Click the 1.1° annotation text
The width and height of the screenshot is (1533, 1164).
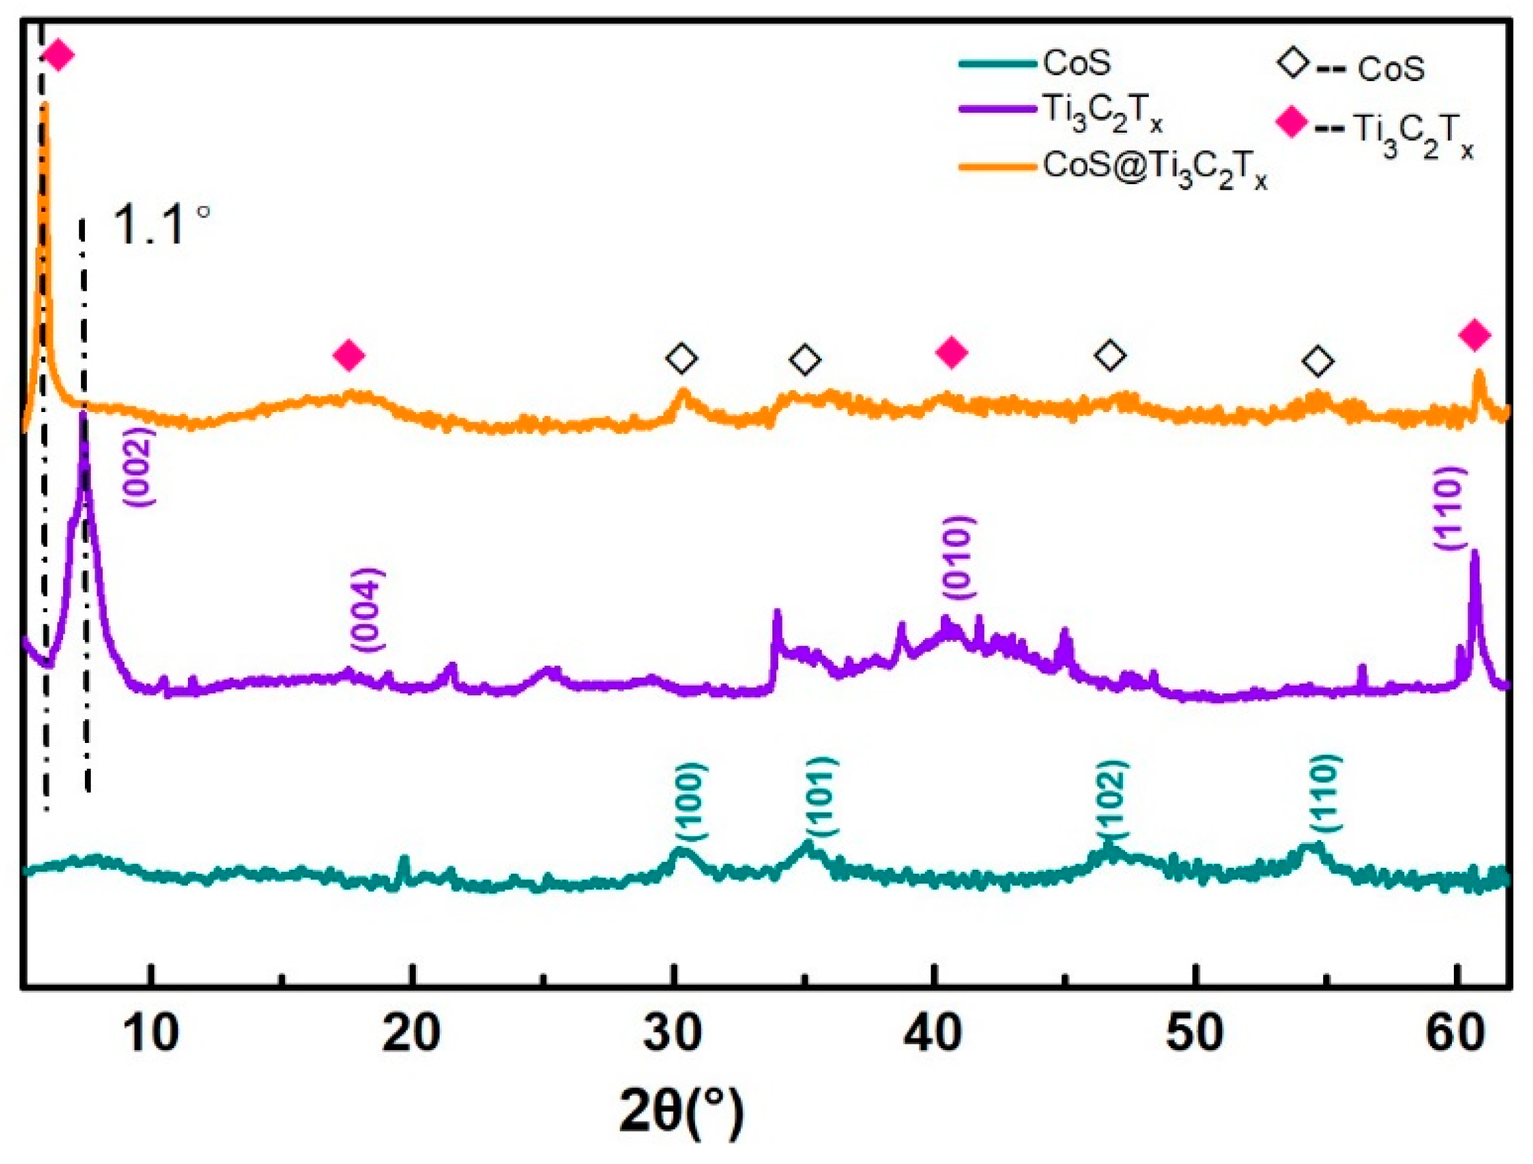(161, 225)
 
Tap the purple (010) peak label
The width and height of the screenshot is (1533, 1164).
(958, 558)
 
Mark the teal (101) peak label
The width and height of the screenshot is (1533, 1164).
(822, 796)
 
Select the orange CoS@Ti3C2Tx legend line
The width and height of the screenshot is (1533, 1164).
(999, 165)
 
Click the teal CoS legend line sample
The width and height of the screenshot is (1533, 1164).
(999, 64)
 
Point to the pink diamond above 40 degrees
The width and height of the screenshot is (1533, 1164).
(952, 353)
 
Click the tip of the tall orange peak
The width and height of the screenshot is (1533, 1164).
(45, 104)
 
